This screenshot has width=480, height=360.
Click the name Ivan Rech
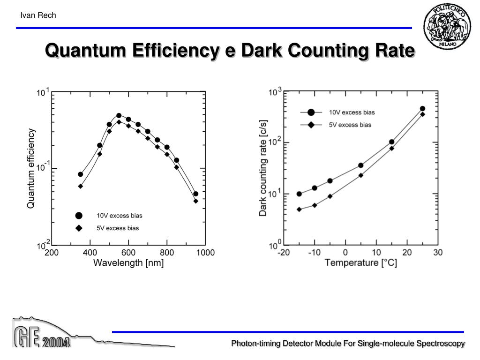click(38, 15)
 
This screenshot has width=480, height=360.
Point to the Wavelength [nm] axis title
click(128, 263)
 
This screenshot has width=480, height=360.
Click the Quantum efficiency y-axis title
click(31, 168)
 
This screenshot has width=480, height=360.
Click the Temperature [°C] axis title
click(361, 262)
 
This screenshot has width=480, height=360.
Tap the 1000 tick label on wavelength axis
click(205, 253)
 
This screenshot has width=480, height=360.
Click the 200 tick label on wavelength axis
click(52, 253)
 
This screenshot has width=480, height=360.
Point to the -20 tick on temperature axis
click(283, 253)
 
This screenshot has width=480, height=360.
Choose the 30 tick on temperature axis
click(438, 253)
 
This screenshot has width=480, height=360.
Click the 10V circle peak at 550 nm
click(119, 115)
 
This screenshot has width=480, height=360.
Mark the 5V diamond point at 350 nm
click(81, 186)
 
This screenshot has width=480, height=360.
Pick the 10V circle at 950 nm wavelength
click(196, 194)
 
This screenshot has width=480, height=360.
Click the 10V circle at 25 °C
click(422, 109)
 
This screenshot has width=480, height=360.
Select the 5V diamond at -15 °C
click(299, 210)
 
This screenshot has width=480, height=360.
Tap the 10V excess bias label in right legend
click(352, 112)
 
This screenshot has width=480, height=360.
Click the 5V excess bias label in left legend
click(118, 228)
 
